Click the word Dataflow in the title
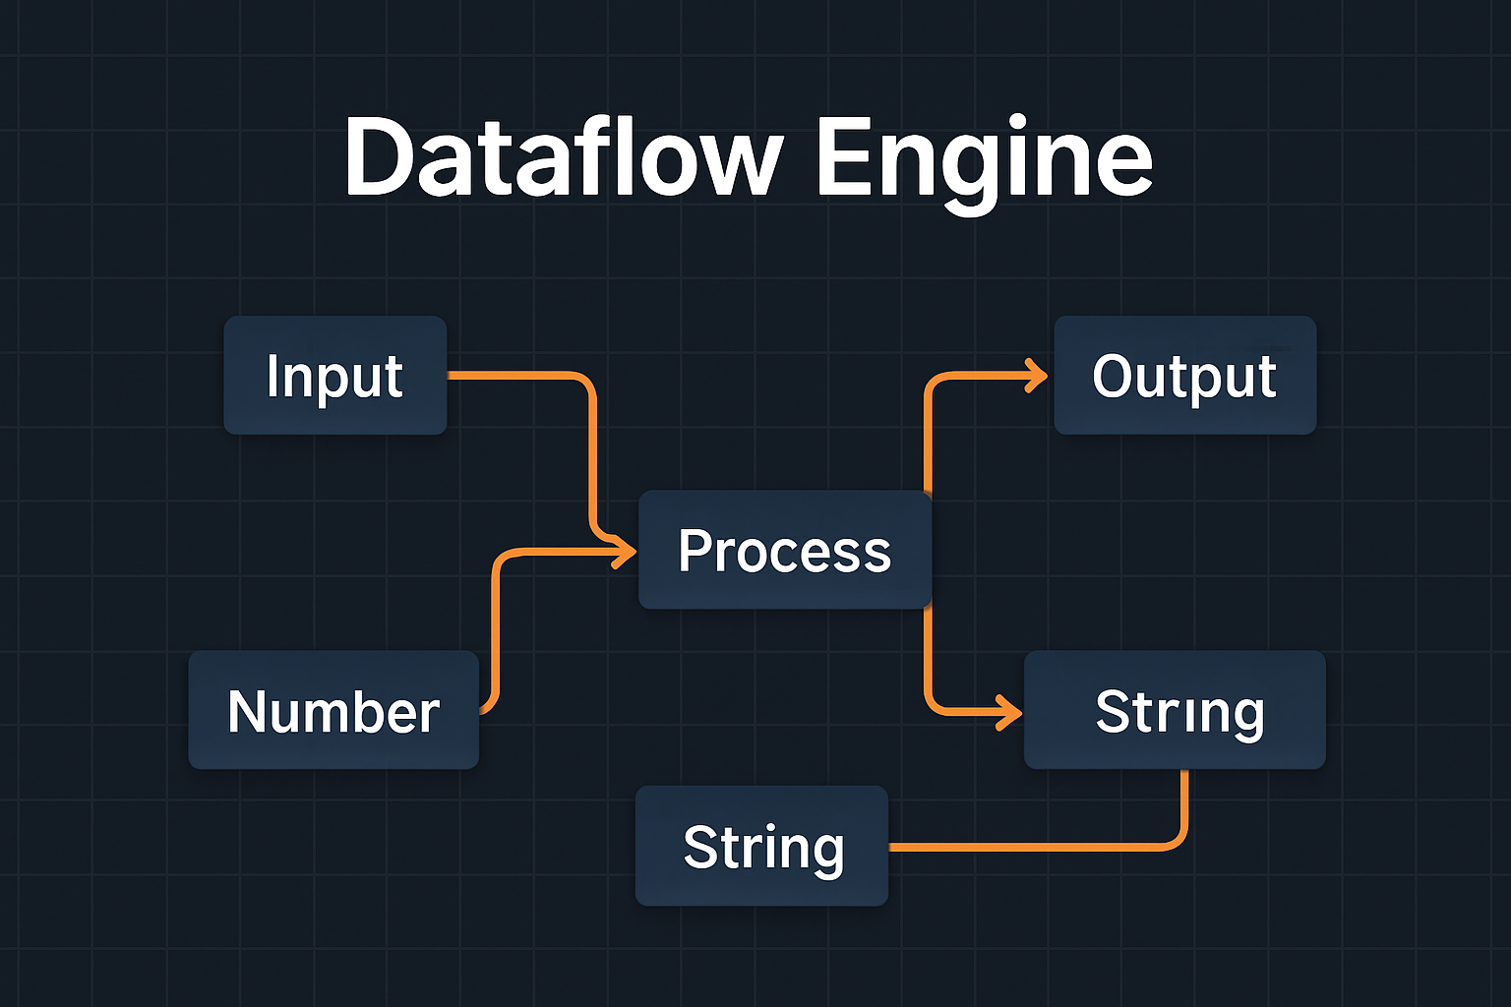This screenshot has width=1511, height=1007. (x=564, y=156)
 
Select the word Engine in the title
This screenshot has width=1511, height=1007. (x=985, y=164)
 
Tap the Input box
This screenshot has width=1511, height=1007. (x=335, y=375)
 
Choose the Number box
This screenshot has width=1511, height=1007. (x=333, y=710)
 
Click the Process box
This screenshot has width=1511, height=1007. (x=785, y=550)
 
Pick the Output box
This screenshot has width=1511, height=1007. (x=1185, y=375)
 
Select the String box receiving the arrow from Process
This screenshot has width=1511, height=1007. (x=1176, y=710)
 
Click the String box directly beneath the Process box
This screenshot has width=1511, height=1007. (x=762, y=846)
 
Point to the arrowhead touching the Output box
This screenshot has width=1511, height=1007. (x=1036, y=376)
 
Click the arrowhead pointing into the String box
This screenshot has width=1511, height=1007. (x=1010, y=712)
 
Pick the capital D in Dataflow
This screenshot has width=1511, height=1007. (x=379, y=156)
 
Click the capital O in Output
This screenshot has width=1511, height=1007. (x=1114, y=376)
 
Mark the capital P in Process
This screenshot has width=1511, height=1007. (x=694, y=551)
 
